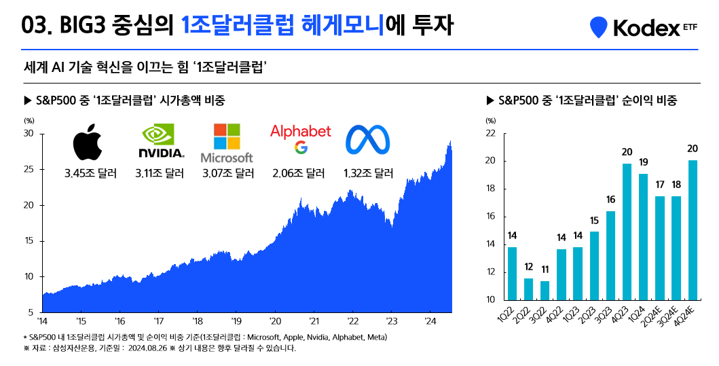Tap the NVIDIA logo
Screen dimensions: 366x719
161,141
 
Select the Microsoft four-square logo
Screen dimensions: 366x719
227,137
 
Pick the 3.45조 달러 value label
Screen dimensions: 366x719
90,173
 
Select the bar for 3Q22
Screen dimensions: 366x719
545,290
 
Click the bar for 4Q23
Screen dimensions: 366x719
627,232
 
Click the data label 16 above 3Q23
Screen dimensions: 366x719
610,200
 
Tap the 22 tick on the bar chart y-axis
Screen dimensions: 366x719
491,134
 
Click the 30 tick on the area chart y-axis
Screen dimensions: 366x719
29,134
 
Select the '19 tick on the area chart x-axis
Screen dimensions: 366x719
236,321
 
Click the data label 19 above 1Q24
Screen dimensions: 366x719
643,162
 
